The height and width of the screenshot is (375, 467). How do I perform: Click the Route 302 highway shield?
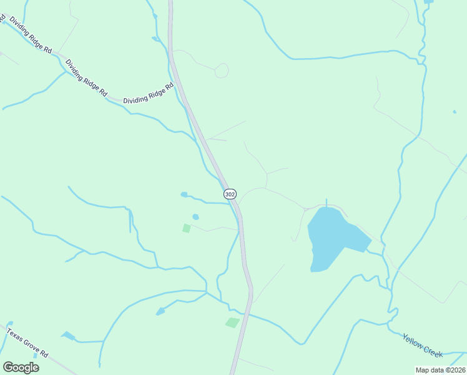[x=230, y=194]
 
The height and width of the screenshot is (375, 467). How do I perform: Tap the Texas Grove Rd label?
[x=27, y=342]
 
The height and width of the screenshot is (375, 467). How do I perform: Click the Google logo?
[x=21, y=367]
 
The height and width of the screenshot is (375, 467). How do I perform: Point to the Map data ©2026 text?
[x=440, y=370]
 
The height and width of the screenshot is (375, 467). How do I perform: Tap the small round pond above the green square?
[x=195, y=217]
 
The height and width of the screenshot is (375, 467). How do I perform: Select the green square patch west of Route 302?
[x=186, y=228]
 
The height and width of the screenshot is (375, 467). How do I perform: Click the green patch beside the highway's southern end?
[x=232, y=322]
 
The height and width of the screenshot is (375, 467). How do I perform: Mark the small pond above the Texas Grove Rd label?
[x=68, y=336]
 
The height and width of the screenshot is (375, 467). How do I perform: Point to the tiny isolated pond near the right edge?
[x=454, y=112]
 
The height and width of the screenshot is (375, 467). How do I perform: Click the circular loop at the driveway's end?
[x=222, y=71]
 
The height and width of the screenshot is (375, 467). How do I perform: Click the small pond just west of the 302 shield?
[x=184, y=194]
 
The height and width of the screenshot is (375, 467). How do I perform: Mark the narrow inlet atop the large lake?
[x=326, y=204]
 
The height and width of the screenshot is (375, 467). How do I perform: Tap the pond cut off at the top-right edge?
[x=428, y=2]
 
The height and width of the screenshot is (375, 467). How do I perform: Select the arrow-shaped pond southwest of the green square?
[x=160, y=311]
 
